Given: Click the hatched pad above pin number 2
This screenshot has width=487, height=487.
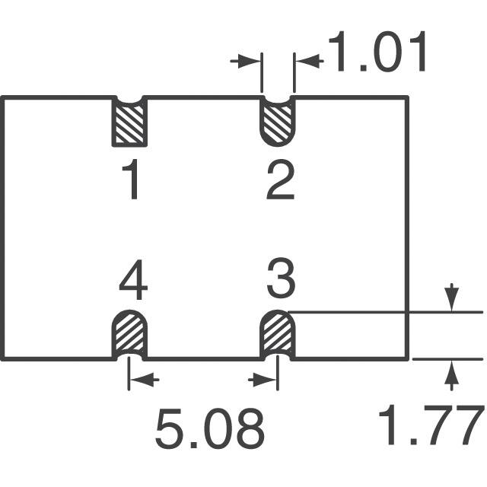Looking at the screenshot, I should [x=277, y=123].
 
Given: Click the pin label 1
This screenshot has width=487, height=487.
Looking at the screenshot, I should [x=132, y=182].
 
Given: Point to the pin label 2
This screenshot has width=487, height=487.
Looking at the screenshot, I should [x=280, y=182].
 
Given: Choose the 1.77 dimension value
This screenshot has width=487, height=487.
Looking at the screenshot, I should [x=431, y=425].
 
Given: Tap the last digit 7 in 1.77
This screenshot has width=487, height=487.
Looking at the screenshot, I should [x=467, y=425].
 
